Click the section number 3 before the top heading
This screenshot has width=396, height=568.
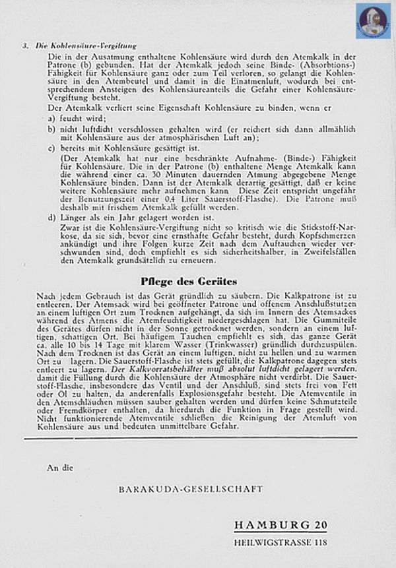(x=24, y=46)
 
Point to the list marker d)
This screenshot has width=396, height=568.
(x=51, y=217)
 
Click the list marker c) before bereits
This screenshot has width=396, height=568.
(x=51, y=148)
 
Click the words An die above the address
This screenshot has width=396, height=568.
(x=57, y=468)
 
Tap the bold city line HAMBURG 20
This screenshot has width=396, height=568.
(x=280, y=525)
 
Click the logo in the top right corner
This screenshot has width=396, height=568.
(x=373, y=21)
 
